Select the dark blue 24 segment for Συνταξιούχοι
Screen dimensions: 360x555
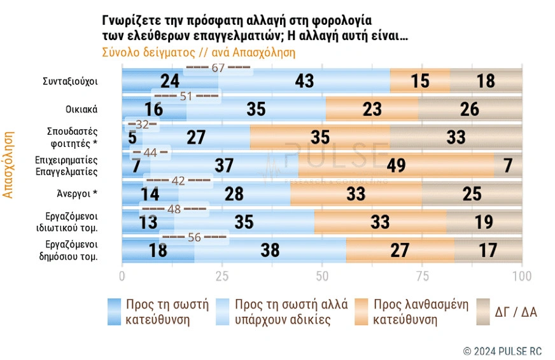[x=170, y=81]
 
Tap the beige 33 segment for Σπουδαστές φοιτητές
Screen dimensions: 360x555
[x=456, y=137]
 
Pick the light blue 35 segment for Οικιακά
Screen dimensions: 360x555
[x=256, y=109]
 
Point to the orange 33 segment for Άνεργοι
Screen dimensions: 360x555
[x=355, y=193]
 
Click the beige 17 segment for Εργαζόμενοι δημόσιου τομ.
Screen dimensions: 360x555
[x=488, y=249]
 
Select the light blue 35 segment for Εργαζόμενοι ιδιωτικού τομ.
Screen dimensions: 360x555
[x=244, y=221]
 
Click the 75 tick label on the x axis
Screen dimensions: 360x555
[x=422, y=276]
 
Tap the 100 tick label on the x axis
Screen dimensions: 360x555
[x=522, y=276]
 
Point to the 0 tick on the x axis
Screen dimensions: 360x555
[x=122, y=276]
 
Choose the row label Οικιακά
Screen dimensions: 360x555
[x=81, y=109]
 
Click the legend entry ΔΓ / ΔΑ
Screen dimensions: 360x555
[x=516, y=312]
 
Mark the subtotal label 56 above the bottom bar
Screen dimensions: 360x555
[x=194, y=237]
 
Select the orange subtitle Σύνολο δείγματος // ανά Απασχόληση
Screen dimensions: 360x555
[x=199, y=53]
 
